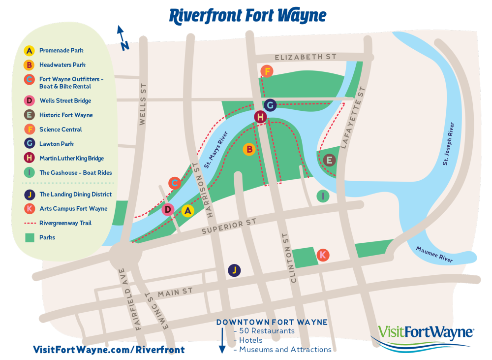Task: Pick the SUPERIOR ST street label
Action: (x=229, y=228)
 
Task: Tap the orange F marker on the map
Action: (x=267, y=71)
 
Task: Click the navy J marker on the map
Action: (x=235, y=270)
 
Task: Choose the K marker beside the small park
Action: (x=323, y=255)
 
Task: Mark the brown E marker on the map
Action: (x=330, y=160)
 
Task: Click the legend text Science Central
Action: (x=61, y=130)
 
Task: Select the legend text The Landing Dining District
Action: (x=75, y=195)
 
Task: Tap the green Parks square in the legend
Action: (x=30, y=237)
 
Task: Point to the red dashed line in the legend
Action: (x=30, y=223)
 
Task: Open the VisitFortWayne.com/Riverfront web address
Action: (x=109, y=350)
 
